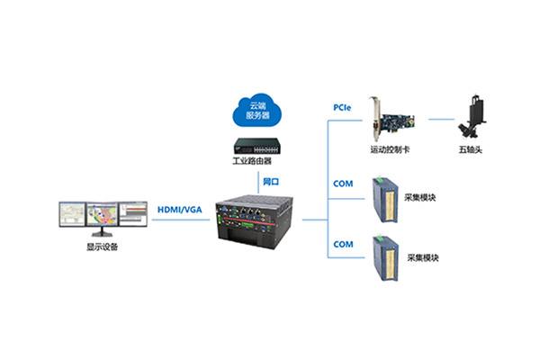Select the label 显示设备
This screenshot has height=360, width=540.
pyautogui.click(x=102, y=247)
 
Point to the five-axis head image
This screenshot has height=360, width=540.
pyautogui.click(x=472, y=116)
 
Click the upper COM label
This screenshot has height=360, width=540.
pyautogui.click(x=343, y=184)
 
